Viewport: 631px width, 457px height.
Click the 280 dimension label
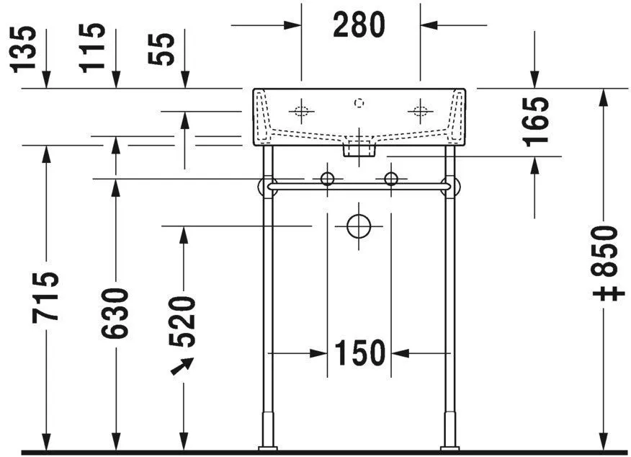pyautogui.click(x=359, y=25)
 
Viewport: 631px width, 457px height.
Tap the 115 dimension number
pyautogui.click(x=92, y=47)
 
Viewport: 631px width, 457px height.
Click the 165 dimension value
pyautogui.click(x=537, y=120)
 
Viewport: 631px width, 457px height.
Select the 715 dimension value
pyautogui.click(x=46, y=297)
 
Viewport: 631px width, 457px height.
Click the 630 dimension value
pyautogui.click(x=115, y=314)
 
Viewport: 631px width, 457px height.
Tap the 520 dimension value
pyautogui.click(x=184, y=321)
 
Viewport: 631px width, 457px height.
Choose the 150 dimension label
pyautogui.click(x=359, y=353)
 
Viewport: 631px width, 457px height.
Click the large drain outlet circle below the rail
pyautogui.click(x=359, y=226)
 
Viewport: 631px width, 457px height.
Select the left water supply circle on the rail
pyautogui.click(x=328, y=179)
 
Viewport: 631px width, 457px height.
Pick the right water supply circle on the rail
pyautogui.click(x=391, y=179)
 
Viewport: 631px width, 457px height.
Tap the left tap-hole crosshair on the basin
pyautogui.click(x=301, y=112)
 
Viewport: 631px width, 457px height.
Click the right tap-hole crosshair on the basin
pyautogui.click(x=419, y=112)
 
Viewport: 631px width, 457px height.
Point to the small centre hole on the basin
pyautogui.click(x=359, y=103)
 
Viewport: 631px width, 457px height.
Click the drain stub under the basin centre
pyautogui.click(x=359, y=149)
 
